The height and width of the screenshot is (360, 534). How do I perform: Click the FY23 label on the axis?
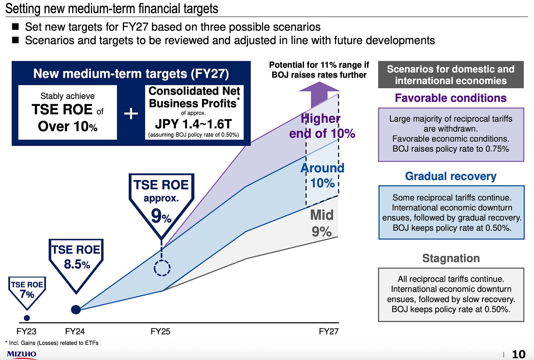(x=26, y=331)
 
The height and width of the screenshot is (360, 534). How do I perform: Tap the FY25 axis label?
(x=160, y=331)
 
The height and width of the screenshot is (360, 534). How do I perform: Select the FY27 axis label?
(x=329, y=331)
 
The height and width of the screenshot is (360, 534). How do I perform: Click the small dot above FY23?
(x=26, y=318)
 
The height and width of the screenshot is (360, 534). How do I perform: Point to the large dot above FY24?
(x=76, y=309)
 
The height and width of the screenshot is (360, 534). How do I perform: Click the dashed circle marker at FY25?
(x=162, y=268)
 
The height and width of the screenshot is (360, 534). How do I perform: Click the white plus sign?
(x=131, y=114)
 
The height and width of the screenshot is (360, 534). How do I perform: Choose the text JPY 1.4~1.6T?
(x=193, y=124)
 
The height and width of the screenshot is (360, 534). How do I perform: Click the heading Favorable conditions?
(x=450, y=98)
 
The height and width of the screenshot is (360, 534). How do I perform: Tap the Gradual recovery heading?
(x=450, y=176)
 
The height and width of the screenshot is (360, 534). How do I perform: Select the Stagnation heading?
(x=451, y=258)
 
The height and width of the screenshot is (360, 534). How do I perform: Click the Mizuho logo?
(x=22, y=354)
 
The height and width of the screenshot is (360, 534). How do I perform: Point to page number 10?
(x=519, y=354)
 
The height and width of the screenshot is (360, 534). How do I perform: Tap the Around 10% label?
(x=322, y=175)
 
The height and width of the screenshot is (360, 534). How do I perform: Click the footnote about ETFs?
(x=52, y=343)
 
